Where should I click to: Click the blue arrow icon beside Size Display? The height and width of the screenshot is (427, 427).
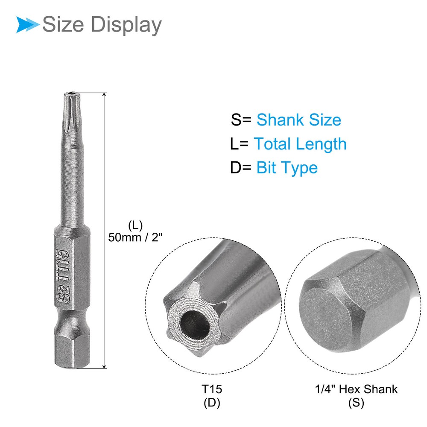(27, 24)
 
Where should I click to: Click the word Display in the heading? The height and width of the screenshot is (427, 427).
(126, 25)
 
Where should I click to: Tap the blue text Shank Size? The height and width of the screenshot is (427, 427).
(299, 120)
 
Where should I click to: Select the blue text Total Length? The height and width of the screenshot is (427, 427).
(300, 144)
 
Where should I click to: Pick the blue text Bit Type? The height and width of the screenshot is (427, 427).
(287, 168)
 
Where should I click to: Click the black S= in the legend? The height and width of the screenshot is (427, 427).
(241, 120)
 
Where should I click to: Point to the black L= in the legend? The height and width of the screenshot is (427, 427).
(240, 144)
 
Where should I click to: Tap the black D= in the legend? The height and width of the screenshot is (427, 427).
(240, 167)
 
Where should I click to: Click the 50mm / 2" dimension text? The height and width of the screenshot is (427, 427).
(135, 237)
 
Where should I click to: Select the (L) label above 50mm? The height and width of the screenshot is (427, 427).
(135, 225)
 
